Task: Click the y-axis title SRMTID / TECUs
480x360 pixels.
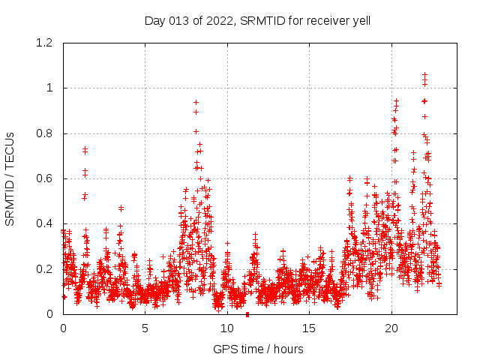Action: [x=10, y=178]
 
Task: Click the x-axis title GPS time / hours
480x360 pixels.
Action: [x=258, y=349]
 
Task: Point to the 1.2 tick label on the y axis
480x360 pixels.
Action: [x=46, y=43]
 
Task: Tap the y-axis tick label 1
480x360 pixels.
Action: [x=50, y=88]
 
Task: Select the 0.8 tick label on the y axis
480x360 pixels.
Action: [x=46, y=133]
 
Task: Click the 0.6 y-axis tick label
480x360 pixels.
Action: [x=46, y=178]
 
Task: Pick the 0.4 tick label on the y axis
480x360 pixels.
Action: [x=46, y=223]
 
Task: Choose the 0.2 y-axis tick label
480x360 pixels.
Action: [x=46, y=268]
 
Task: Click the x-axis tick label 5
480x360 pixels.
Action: [x=145, y=328]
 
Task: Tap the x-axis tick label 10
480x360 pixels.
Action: [x=227, y=328]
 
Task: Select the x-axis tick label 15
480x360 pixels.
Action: [x=309, y=328]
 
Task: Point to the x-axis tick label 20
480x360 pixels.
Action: [x=391, y=328]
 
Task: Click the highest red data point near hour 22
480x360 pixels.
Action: [x=424, y=74]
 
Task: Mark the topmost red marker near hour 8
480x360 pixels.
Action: [x=196, y=102]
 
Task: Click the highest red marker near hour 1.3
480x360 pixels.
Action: [x=85, y=148]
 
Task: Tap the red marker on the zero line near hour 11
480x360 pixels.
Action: [x=247, y=314]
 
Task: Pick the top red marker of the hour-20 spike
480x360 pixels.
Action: [x=396, y=100]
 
